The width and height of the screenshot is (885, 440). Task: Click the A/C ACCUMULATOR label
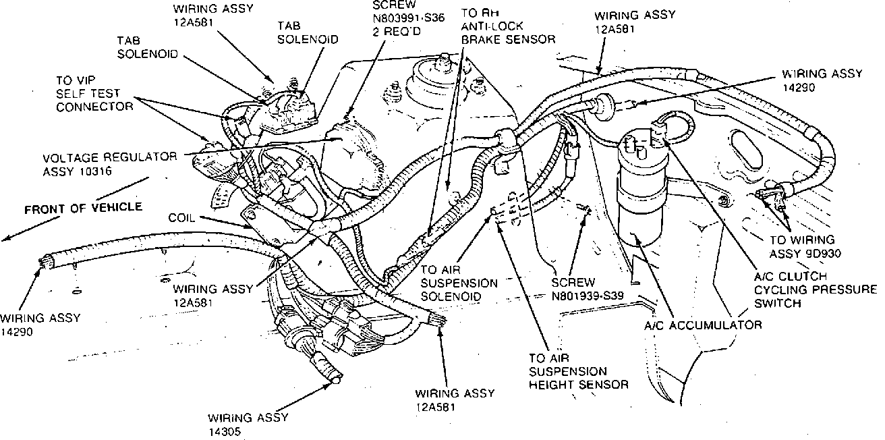coord(702,325)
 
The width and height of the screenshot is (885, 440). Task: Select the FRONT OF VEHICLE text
coord(84,208)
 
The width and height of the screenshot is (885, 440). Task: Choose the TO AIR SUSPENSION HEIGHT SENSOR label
coord(579,372)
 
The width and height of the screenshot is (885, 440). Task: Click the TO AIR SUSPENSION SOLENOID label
coord(459,283)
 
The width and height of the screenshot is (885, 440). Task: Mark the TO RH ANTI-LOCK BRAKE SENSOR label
coord(508,26)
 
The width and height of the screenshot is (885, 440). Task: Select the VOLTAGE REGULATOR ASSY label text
coord(110,157)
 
